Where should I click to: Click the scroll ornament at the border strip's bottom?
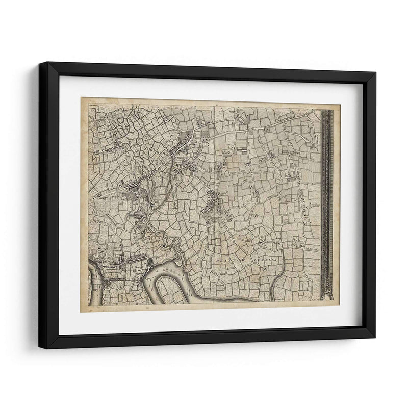coord(327,294)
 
